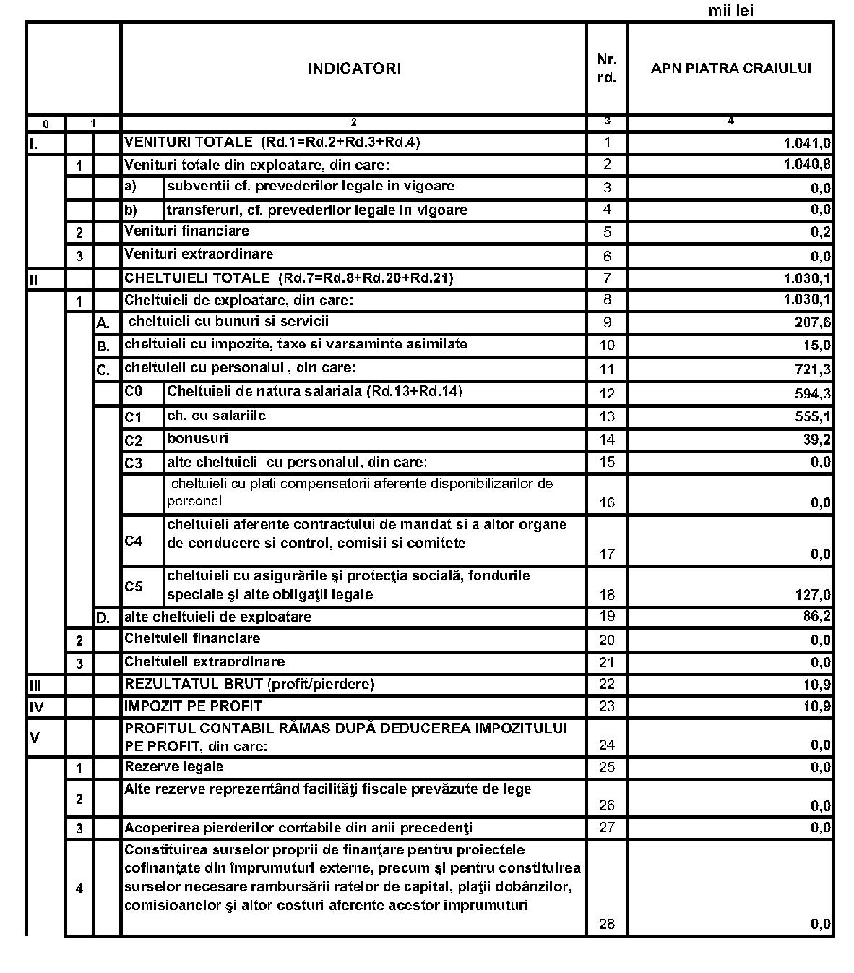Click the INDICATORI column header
[354, 69]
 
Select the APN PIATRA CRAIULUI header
[730, 69]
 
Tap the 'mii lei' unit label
[730, 11]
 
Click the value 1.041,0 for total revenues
[807, 143]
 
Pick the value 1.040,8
[807, 165]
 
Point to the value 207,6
[813, 323]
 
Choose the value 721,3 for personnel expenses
[813, 370]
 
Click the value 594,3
[813, 394]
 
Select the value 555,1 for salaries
[813, 417]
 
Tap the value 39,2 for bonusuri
[816, 440]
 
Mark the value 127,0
[813, 596]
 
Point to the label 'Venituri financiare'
[186, 231]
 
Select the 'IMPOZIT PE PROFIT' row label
[193, 706]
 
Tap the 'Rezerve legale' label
[173, 766]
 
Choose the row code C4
[134, 541]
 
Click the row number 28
[607, 924]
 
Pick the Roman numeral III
[35, 685]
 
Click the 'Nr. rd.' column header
[607, 69]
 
